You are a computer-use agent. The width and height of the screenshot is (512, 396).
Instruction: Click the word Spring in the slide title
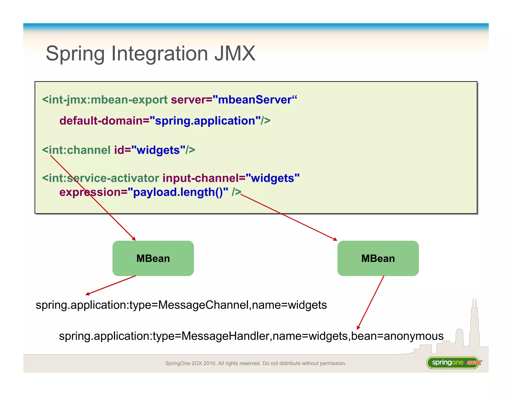[75, 54]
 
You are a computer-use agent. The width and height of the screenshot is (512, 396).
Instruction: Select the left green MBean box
[153, 258]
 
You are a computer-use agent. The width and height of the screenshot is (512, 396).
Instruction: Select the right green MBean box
[378, 258]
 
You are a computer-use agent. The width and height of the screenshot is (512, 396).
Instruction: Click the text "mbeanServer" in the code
[254, 100]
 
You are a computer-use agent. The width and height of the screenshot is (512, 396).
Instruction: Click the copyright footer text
[255, 363]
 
